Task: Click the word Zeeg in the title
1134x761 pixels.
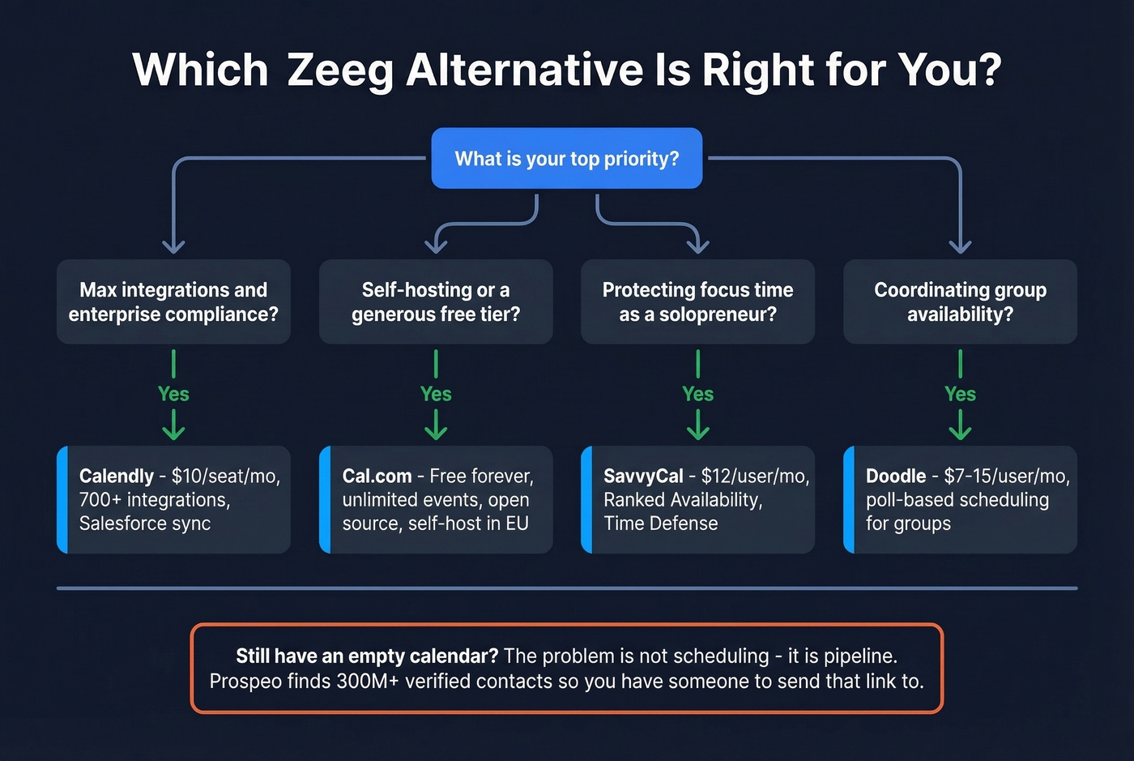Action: point(339,71)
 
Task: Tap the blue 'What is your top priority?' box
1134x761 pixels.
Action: point(566,158)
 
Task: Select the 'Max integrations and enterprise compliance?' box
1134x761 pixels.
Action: point(173,301)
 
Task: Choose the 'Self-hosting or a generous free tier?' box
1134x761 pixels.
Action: point(436,301)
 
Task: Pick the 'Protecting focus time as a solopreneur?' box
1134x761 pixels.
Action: point(697,301)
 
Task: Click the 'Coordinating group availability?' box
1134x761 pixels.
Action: point(960,301)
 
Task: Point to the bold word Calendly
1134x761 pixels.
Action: point(117,476)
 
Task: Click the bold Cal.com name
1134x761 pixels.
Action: point(377,476)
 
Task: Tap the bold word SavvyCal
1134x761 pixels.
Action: point(643,476)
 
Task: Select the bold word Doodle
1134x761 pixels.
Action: point(896,476)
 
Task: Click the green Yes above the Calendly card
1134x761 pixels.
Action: point(173,394)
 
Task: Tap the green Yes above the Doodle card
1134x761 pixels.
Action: point(960,394)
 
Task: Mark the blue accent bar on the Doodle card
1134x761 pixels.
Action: point(849,499)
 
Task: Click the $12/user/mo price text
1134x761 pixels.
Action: point(755,476)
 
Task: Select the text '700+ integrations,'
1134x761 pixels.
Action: point(155,499)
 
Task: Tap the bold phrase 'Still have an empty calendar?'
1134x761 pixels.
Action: point(366,656)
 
